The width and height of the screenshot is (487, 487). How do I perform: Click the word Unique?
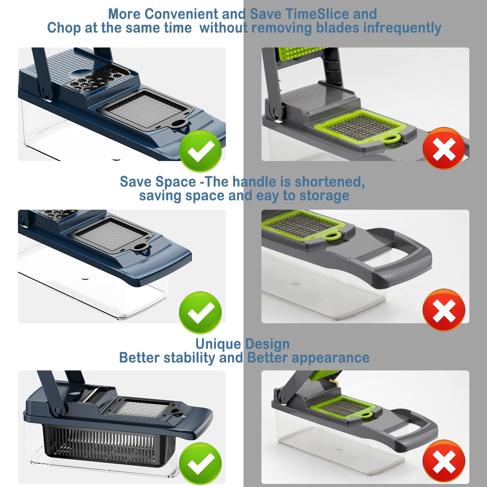[218, 344]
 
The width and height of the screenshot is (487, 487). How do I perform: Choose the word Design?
[268, 344]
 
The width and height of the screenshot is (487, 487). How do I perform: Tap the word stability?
[189, 358]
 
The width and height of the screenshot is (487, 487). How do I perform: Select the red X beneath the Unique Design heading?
[444, 461]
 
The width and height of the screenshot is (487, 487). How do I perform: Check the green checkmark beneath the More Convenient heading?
[200, 151]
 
